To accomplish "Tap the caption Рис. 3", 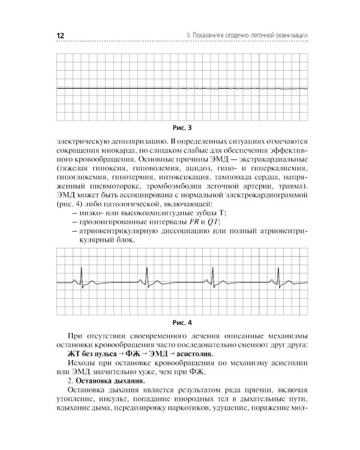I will [181, 128].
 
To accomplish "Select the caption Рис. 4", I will [181, 322].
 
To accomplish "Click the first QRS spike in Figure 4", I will [80, 278].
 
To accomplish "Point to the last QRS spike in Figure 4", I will [279, 277].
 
